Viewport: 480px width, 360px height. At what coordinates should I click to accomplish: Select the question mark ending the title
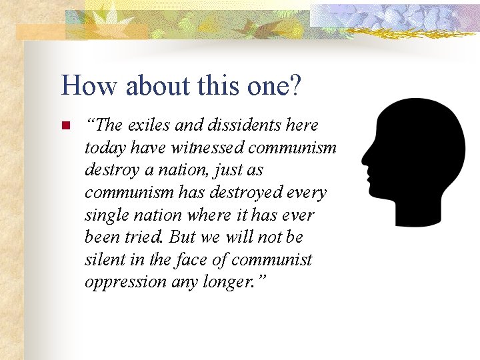tap(295, 86)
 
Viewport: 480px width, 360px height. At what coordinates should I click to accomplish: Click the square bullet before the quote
tap(65, 125)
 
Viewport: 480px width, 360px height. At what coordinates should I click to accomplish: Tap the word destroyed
tap(233, 193)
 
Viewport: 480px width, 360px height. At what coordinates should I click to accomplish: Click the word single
tap(107, 215)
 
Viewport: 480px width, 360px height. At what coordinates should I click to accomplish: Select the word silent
tap(104, 259)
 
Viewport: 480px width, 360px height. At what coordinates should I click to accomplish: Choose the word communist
tap(274, 259)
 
